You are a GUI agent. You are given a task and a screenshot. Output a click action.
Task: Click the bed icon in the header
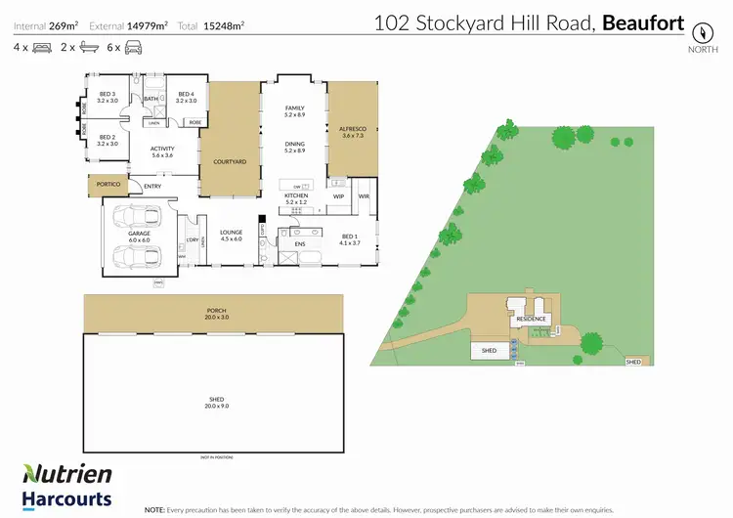pos(42,47)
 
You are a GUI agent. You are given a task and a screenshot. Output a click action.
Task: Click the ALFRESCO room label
pos(352,130)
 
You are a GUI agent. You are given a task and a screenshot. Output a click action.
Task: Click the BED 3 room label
pos(108,96)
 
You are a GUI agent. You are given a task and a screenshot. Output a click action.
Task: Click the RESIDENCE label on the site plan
pos(531,320)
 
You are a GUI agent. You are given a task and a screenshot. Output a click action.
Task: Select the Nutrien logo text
pos(67,475)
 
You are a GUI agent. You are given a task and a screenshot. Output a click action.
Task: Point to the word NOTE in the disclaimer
pos(154,509)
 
